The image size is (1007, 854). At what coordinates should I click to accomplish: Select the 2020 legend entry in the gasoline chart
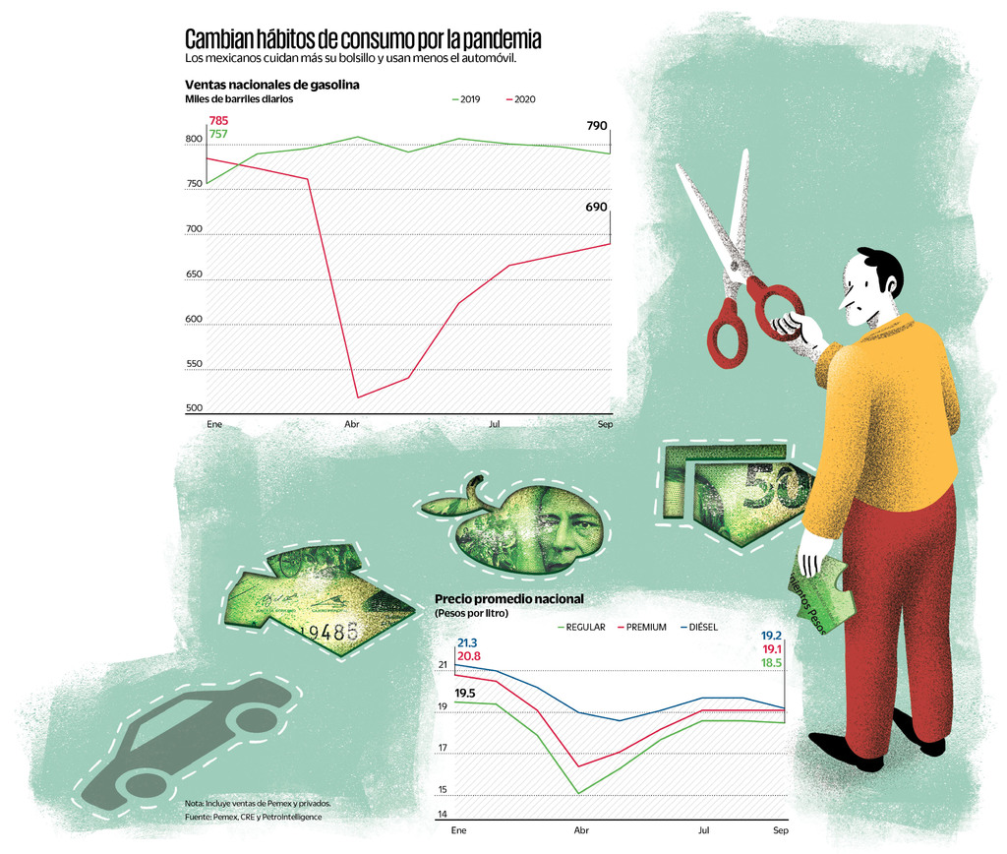tap(520, 99)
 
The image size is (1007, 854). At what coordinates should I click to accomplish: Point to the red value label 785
tap(218, 121)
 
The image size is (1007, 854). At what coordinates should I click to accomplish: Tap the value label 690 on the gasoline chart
tap(596, 208)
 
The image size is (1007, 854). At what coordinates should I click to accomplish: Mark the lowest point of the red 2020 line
tap(358, 397)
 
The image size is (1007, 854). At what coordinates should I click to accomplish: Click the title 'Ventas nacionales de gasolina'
tap(271, 85)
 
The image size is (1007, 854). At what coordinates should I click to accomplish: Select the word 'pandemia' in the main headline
tap(496, 39)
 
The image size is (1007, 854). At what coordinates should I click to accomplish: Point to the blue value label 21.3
tap(468, 642)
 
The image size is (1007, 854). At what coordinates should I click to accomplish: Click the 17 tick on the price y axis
tap(443, 750)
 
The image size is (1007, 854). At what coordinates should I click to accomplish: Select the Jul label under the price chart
tap(704, 831)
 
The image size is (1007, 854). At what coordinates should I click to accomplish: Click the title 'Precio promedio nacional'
tap(509, 599)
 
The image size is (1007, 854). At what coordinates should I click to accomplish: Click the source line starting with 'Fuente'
tap(253, 817)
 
